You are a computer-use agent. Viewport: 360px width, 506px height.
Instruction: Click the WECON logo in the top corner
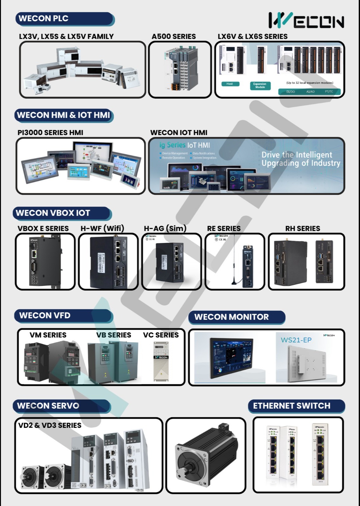(306, 21)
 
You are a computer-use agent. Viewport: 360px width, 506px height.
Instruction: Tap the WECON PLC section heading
(44, 18)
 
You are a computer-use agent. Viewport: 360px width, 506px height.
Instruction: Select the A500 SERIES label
(174, 36)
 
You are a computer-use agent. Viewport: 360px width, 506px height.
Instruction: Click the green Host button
(230, 84)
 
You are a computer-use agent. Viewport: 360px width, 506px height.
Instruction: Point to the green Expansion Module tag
(260, 85)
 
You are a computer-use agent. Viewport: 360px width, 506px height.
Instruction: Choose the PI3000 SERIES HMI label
(50, 133)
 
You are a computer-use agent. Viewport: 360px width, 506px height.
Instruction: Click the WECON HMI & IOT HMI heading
(64, 115)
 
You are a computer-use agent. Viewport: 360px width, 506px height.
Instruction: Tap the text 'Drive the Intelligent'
(297, 155)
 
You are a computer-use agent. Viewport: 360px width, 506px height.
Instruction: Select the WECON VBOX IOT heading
(53, 213)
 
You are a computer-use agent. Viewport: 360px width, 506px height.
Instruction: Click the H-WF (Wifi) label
(102, 228)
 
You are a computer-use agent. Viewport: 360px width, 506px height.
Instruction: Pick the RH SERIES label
(302, 228)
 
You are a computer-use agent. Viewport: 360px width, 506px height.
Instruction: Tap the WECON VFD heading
(45, 315)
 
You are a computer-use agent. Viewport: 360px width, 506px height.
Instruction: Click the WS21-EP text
(296, 340)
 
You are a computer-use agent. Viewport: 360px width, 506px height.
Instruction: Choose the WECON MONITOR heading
(231, 317)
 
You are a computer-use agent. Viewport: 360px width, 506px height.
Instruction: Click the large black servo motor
(206, 455)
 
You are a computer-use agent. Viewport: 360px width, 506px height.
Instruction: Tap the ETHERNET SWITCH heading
(291, 406)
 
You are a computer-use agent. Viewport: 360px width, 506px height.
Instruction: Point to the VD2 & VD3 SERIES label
(50, 425)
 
